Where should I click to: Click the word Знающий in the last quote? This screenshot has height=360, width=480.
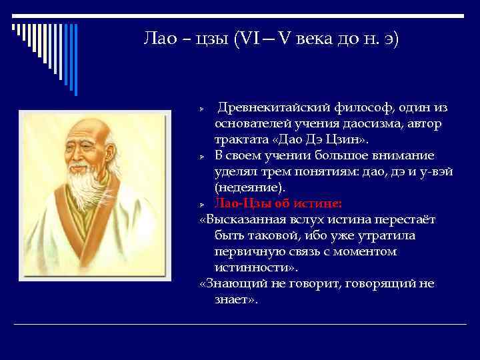239,283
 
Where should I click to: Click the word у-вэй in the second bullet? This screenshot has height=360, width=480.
436,172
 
